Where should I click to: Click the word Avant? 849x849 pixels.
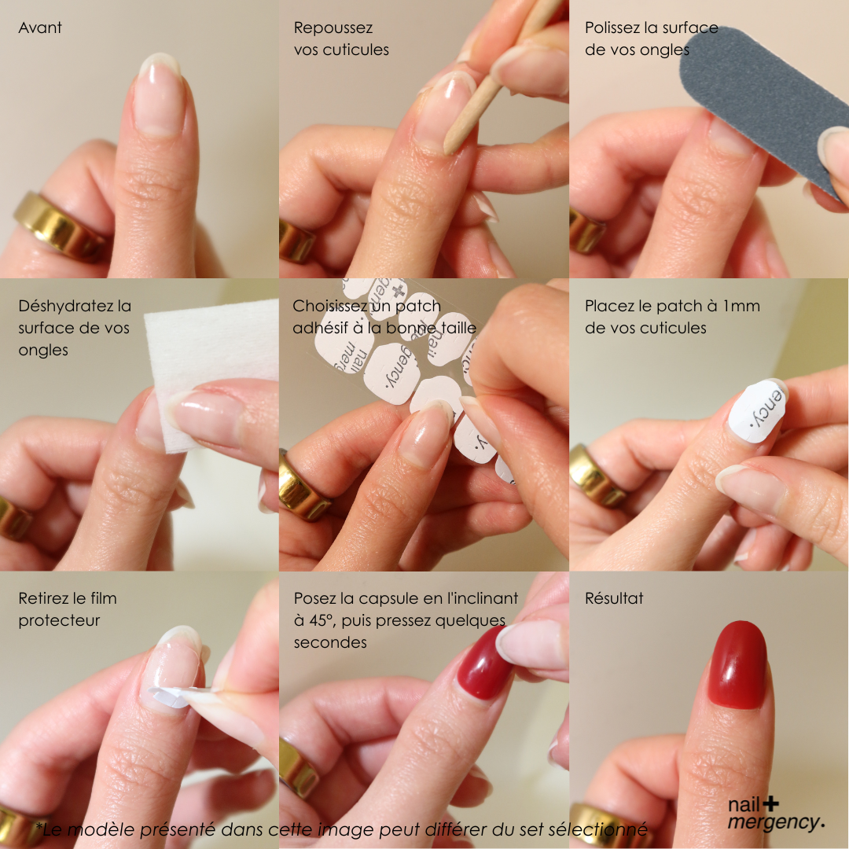[40, 28]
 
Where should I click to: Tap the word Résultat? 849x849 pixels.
[614, 597]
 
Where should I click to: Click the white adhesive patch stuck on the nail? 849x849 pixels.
[756, 411]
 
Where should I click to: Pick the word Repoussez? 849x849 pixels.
[333, 28]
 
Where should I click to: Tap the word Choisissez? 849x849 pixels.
[329, 306]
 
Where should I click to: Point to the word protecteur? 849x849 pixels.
[59, 620]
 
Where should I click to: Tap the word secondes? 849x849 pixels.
[330, 643]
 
